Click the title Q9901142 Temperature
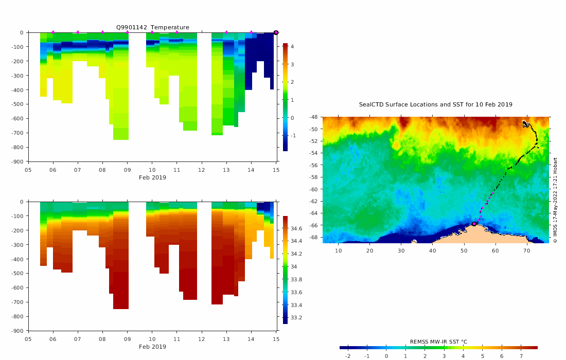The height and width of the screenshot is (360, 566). (x=152, y=27)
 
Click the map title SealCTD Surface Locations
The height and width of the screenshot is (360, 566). (x=435, y=104)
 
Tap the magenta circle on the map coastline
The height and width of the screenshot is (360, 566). (x=474, y=224)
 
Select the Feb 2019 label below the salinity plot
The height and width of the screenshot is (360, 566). (x=152, y=347)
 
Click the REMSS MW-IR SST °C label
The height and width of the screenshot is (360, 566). (x=438, y=341)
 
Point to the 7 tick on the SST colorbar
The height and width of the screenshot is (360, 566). (x=521, y=356)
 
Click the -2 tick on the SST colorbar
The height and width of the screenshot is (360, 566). (x=347, y=356)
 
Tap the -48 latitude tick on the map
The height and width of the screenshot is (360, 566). (x=313, y=117)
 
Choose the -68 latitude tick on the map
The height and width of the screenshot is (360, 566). (x=313, y=238)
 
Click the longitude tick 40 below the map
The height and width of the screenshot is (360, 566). (x=432, y=250)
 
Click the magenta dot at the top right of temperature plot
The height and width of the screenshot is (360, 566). (x=276, y=32)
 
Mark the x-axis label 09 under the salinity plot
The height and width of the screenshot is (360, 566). (x=127, y=339)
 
